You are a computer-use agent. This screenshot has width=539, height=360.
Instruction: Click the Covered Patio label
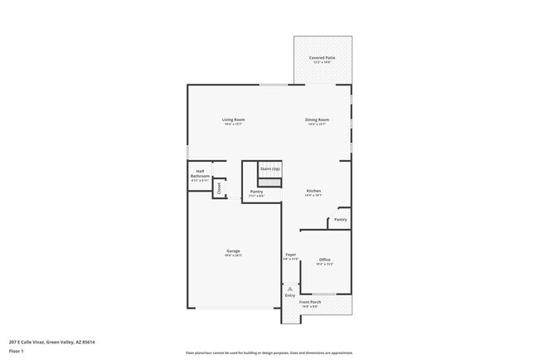(323, 57)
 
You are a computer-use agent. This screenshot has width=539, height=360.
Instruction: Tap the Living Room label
(233, 119)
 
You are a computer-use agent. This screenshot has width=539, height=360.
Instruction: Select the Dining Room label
(318, 119)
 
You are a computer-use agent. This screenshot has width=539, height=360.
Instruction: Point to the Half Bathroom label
(200, 174)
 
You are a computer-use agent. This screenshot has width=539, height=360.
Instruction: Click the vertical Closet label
(220, 188)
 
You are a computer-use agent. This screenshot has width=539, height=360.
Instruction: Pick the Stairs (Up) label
(270, 168)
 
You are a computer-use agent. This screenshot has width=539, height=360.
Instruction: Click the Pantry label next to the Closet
(256, 192)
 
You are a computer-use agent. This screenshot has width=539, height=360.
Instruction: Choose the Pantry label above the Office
(341, 220)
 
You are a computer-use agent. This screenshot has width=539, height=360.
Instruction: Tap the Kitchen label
(313, 191)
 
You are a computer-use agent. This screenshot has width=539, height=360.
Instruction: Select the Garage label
(233, 251)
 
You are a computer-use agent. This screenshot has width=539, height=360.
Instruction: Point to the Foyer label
(291, 255)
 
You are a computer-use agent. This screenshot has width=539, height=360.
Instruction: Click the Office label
(325, 260)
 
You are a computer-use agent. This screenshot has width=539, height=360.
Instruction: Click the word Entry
(290, 295)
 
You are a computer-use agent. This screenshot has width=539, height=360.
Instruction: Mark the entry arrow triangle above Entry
(290, 288)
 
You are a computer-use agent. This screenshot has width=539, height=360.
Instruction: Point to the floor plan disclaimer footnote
(269, 353)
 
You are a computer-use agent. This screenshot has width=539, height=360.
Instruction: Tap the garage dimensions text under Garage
(233, 255)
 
